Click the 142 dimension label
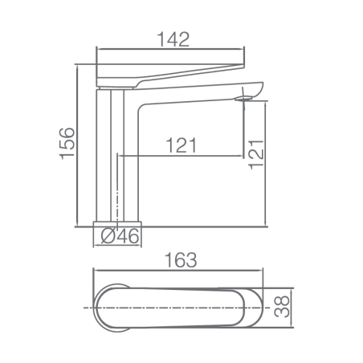point(173,39)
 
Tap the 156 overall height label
point(67,144)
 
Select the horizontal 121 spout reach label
point(181,145)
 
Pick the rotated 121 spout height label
point(256,154)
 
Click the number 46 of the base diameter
point(128,236)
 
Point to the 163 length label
point(181,260)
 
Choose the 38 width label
point(282,307)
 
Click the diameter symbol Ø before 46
point(108,236)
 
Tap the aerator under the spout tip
point(243,99)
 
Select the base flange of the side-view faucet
point(117,224)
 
